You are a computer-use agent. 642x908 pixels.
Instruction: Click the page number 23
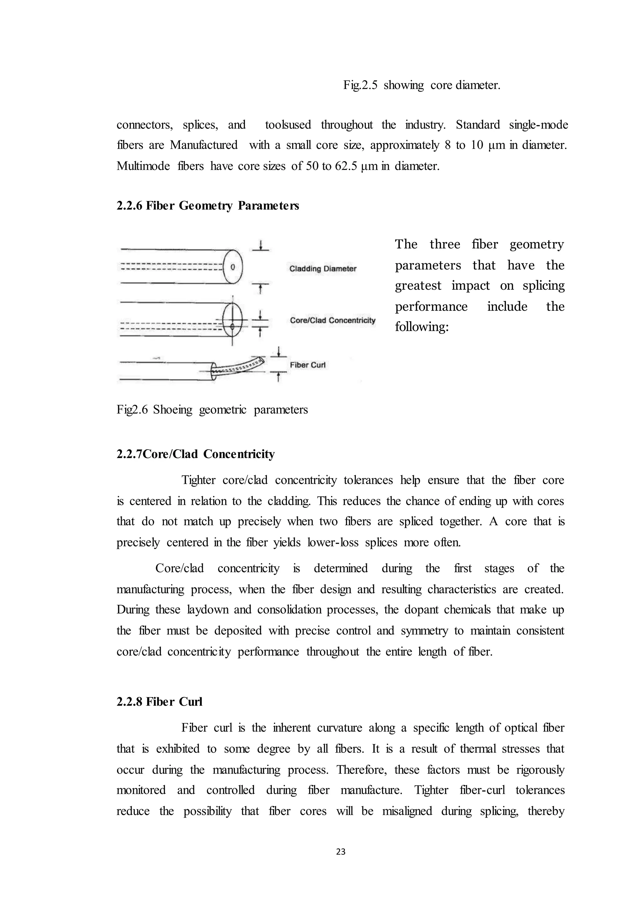340,852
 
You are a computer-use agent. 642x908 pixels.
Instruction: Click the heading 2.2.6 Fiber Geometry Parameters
208,206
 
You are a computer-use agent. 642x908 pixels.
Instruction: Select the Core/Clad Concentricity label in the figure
333,320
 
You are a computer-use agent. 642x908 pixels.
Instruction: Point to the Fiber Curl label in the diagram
308,365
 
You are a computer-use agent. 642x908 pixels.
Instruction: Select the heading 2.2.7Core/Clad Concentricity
195,454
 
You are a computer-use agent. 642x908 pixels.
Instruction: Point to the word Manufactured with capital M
203,145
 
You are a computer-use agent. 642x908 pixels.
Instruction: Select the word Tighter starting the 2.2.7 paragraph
198,480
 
